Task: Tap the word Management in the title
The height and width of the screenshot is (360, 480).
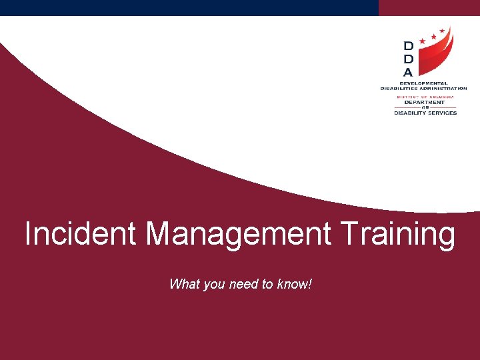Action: point(239,234)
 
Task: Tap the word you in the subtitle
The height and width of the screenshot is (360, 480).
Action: point(213,285)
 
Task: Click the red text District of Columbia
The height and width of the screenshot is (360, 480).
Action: point(425,97)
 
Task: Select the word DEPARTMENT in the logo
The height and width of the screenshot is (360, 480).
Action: point(425,102)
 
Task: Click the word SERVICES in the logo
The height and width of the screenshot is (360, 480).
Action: point(441,113)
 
